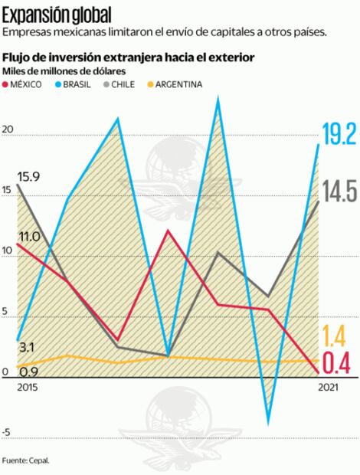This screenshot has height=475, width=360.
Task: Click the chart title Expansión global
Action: pyautogui.click(x=57, y=14)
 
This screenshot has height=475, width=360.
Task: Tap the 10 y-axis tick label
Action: pyautogui.click(x=8, y=251)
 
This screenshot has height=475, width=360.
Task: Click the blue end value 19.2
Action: pyautogui.click(x=339, y=135)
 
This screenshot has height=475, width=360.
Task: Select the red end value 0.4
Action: pyautogui.click(x=336, y=364)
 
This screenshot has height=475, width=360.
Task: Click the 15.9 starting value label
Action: pyautogui.click(x=28, y=175)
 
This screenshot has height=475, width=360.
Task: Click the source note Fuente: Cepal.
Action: pyautogui.click(x=25, y=460)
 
